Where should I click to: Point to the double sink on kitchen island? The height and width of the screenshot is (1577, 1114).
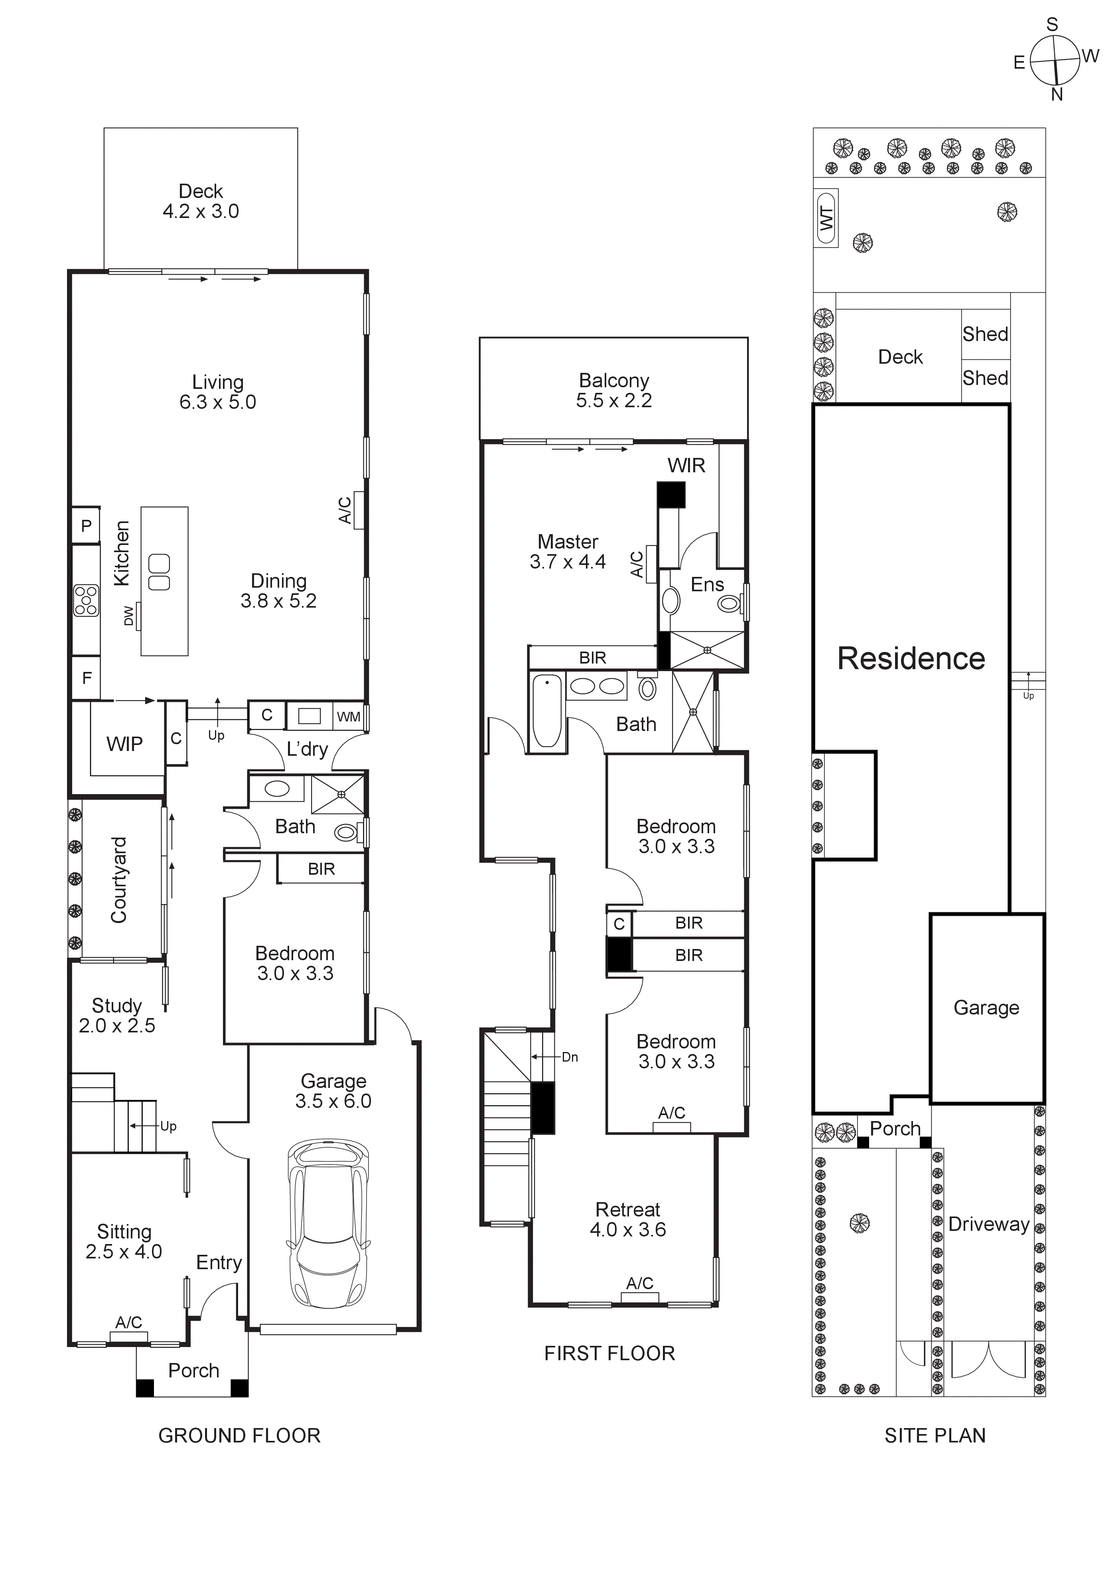(159, 572)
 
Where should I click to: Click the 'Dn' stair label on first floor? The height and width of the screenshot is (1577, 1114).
(570, 1057)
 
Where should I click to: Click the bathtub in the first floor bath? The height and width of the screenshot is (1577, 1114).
(547, 711)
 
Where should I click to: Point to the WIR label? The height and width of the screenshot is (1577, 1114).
(686, 466)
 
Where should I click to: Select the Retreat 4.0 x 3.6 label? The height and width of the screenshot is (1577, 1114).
(627, 1219)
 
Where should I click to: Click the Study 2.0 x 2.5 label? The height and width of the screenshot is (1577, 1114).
(117, 1015)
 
